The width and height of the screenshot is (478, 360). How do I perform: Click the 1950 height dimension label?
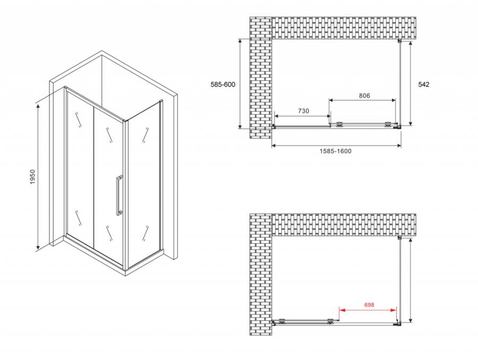[33, 176]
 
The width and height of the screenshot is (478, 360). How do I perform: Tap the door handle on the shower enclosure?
[119, 195]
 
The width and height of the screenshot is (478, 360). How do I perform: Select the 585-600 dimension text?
[223, 84]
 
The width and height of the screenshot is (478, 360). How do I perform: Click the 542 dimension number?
[423, 84]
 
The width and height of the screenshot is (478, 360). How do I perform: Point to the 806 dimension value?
[364, 96]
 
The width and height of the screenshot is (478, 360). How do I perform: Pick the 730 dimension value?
[303, 111]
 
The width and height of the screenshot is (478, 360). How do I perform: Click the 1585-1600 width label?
[335, 151]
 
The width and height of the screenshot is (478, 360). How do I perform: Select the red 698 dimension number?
[369, 305]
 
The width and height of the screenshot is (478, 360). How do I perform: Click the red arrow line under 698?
[368, 310]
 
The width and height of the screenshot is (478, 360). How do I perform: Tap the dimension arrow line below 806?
[362, 100]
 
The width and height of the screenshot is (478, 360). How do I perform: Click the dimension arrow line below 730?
[302, 116]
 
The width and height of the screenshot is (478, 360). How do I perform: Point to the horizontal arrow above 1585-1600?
[336, 145]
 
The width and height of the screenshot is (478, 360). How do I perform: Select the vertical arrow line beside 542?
[411, 83]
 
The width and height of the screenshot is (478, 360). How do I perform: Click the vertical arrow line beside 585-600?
[240, 84]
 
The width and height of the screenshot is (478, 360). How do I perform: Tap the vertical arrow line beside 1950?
[38, 176]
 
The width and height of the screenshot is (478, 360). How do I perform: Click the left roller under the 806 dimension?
[339, 124]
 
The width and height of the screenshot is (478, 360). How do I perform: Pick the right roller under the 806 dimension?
[388, 124]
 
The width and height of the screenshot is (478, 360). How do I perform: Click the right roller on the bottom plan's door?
[330, 321]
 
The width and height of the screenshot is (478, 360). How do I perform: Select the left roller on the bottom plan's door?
[282, 321]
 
